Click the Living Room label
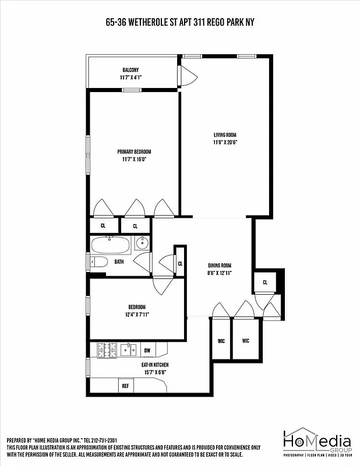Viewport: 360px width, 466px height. tap(224, 135)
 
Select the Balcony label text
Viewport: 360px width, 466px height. tap(130, 70)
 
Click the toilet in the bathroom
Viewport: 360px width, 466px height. tap(98, 262)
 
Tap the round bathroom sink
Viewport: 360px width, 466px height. tap(142, 243)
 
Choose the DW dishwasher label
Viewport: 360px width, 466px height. tap(147, 350)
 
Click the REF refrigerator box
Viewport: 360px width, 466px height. tap(125, 386)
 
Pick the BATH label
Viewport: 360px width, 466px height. tap(119, 262)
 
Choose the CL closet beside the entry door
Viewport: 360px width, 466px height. tap(265, 283)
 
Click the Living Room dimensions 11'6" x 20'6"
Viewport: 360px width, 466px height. tap(224, 142)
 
